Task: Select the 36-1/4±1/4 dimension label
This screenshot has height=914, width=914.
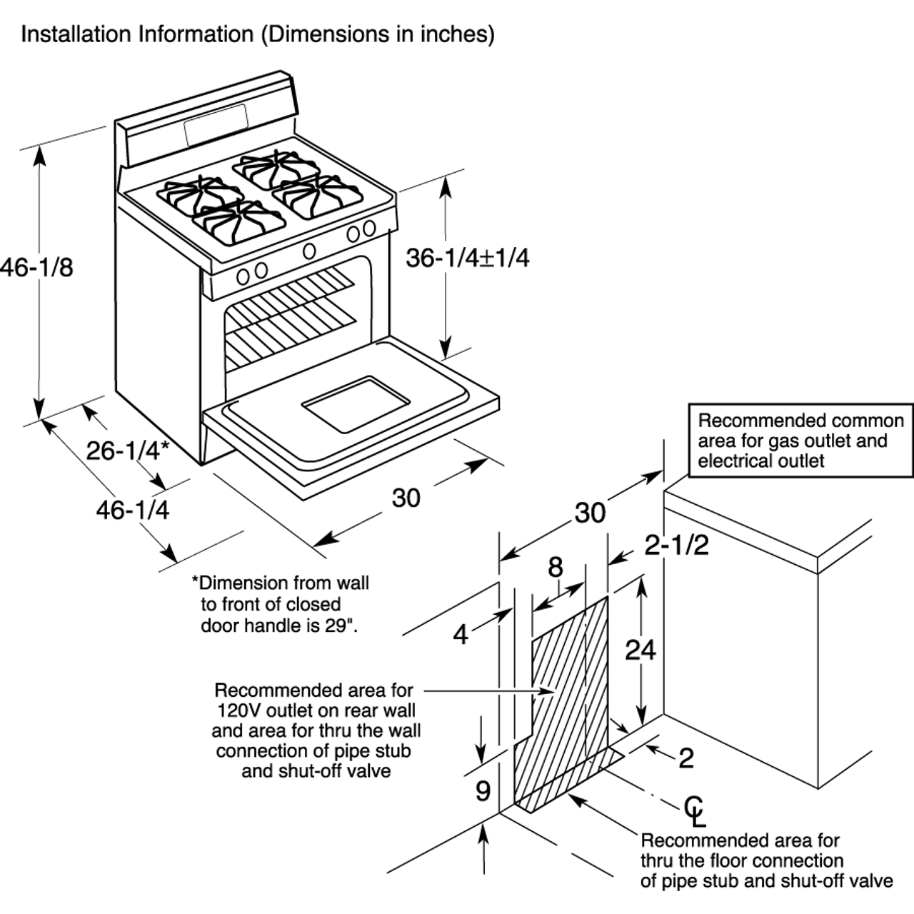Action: (x=468, y=258)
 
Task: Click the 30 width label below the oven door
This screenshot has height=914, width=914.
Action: (x=406, y=498)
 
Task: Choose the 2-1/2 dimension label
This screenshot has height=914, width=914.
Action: (x=676, y=546)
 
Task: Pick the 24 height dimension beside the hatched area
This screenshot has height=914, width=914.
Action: (x=641, y=650)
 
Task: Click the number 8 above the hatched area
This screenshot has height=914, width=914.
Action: (x=556, y=568)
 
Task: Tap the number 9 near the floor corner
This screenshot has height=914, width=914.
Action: (x=483, y=791)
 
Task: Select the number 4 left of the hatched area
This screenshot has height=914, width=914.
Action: (x=461, y=634)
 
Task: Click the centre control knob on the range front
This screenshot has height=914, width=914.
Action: (x=310, y=251)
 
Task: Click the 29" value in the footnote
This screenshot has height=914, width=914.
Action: (x=342, y=626)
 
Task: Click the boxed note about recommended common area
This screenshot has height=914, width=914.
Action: (x=800, y=441)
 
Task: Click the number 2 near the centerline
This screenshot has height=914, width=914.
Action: (x=686, y=758)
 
